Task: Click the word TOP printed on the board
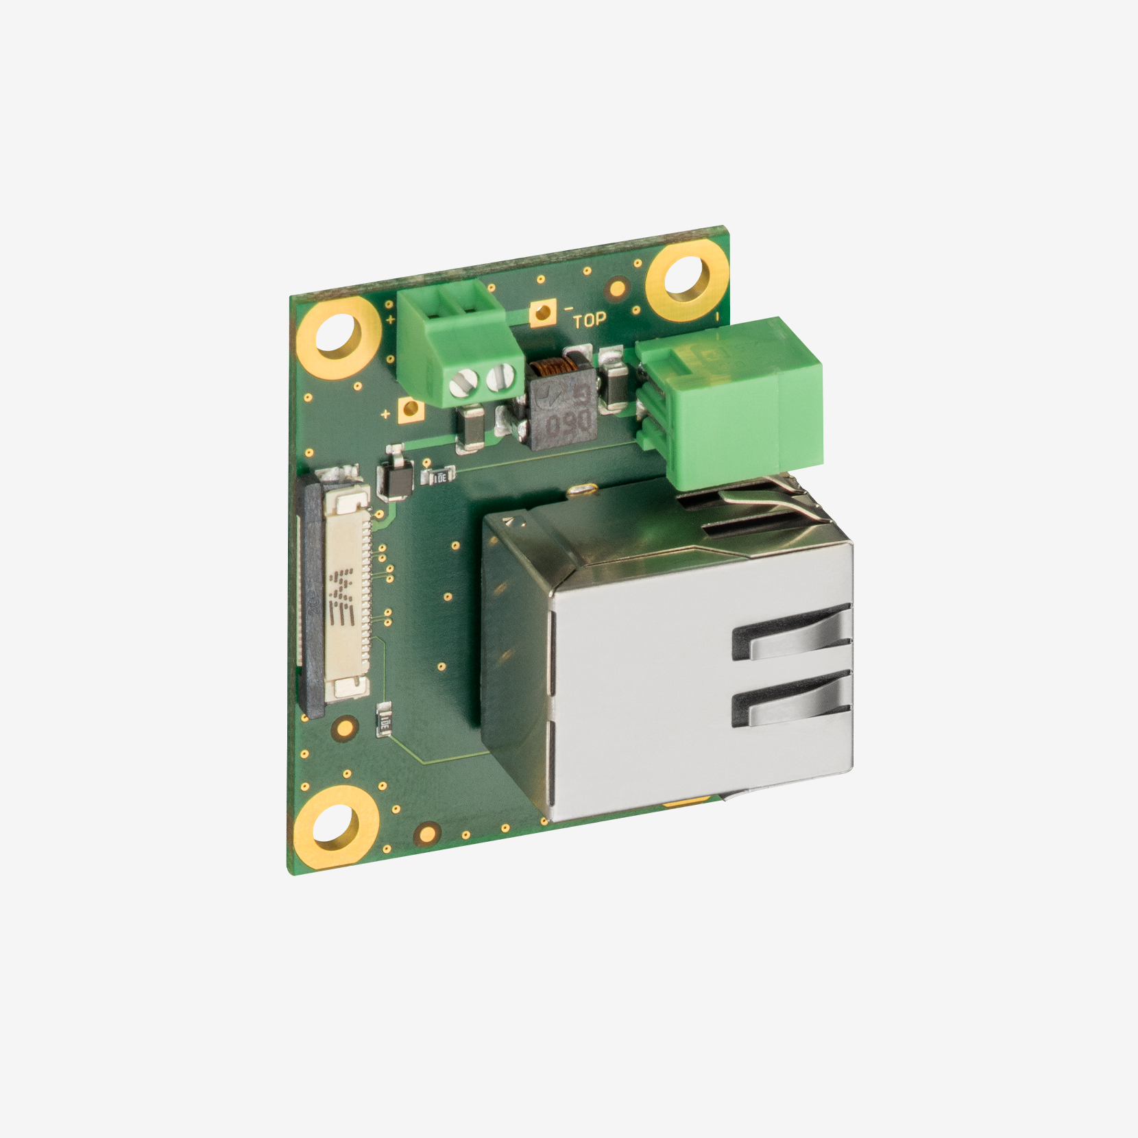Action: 589,320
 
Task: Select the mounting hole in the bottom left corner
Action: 336,827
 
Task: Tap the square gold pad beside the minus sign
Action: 542,313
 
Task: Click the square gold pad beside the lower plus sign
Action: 411,410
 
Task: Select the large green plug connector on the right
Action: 730,398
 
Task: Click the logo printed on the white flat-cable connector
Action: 341,596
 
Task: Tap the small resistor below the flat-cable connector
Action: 385,720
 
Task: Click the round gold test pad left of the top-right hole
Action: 617,288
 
